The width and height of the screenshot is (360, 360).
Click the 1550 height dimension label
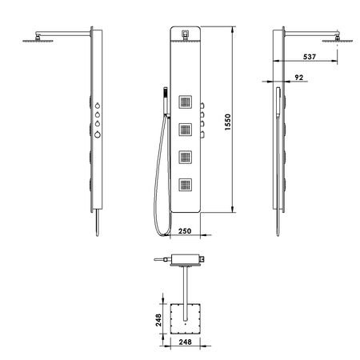228,123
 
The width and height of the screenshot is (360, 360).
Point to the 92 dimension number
299,77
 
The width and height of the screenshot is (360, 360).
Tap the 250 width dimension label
183,231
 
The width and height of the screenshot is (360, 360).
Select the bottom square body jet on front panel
186,185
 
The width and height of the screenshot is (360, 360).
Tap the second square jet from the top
186,129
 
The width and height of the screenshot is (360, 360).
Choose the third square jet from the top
186,157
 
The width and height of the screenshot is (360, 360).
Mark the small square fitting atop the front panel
185,34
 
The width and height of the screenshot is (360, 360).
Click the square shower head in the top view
186,319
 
